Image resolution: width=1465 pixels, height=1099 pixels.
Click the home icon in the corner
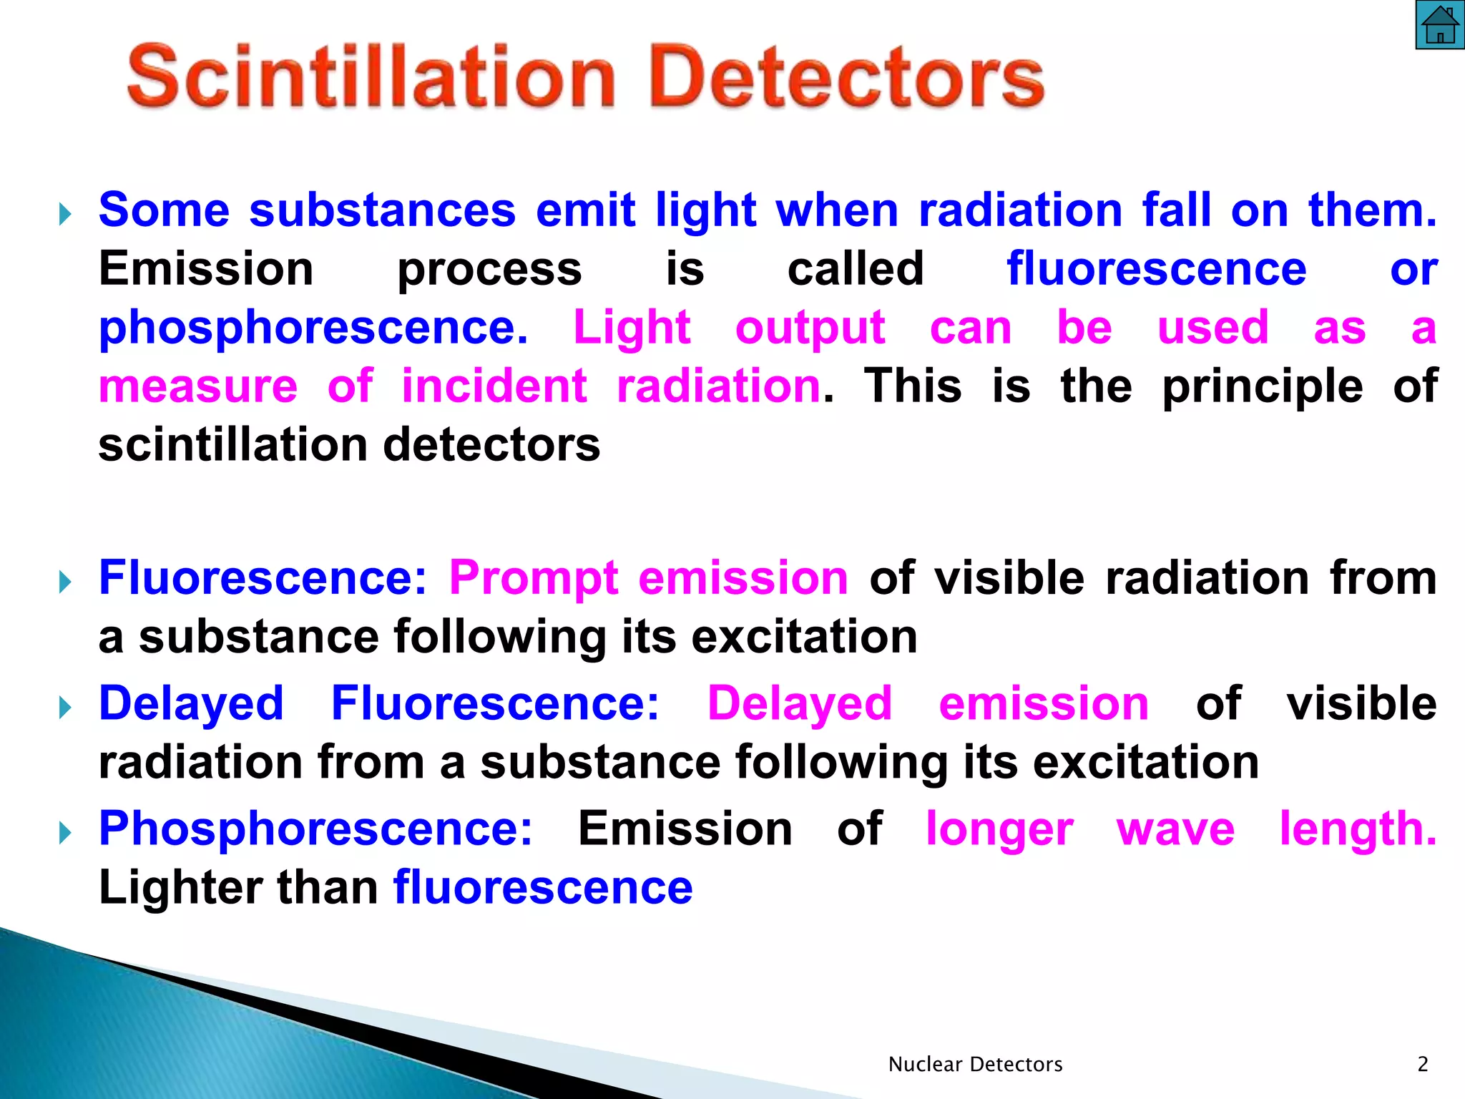(x=1439, y=25)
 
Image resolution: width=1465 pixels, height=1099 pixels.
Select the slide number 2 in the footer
(x=1422, y=1065)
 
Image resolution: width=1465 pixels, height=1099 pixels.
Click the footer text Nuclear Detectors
(x=975, y=1065)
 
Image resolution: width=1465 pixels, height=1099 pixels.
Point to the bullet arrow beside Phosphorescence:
(x=65, y=832)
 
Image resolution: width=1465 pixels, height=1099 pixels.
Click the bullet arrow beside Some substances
(x=65, y=213)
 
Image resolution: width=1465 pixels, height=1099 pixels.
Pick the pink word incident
(x=494, y=386)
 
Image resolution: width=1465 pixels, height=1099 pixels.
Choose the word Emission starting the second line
(x=206, y=270)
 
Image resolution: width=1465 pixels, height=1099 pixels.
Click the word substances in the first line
(x=382, y=210)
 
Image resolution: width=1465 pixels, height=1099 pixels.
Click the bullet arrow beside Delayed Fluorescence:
(x=65, y=708)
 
